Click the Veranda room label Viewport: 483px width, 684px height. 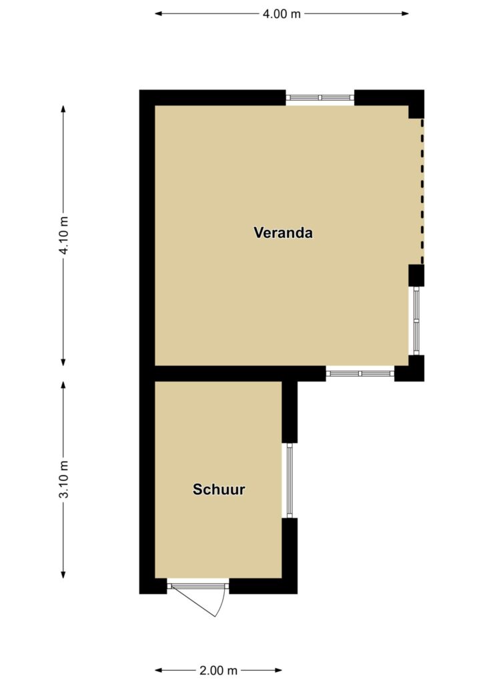point(283,232)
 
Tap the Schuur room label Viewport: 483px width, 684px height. point(219,489)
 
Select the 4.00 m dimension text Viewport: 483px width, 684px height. point(282,14)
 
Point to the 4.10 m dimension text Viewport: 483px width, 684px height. point(63,235)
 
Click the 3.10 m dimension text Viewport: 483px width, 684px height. point(63,479)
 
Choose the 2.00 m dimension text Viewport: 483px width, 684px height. point(218,670)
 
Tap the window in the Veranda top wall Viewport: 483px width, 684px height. point(320,98)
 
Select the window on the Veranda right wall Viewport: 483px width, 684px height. point(416,321)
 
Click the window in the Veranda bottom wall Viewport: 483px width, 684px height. point(360,373)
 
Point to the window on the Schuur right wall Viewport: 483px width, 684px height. point(289,480)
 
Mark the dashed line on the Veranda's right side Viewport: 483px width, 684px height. point(422,191)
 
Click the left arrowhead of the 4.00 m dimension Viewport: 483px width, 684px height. point(159,13)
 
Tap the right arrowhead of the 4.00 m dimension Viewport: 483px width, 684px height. point(405,13)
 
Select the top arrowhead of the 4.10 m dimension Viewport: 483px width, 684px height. point(63,109)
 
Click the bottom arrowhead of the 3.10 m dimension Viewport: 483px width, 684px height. point(63,574)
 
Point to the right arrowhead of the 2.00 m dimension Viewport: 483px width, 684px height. point(278,670)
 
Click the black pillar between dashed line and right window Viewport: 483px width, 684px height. point(416,275)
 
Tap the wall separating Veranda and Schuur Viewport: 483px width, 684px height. point(240,373)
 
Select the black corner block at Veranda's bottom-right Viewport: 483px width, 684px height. point(412,370)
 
